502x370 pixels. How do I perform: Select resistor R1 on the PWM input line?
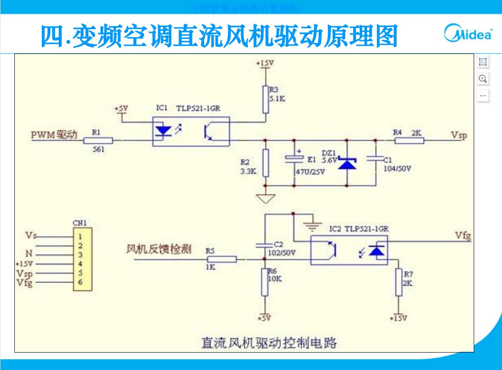click(98, 141)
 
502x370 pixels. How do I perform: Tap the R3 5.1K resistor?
click(265, 100)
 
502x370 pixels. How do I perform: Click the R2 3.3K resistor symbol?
click(265, 162)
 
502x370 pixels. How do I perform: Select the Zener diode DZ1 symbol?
click(347, 164)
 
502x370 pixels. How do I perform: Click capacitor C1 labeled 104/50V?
click(375, 159)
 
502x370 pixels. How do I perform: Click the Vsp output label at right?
click(459, 135)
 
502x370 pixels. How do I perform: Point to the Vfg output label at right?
click(463, 236)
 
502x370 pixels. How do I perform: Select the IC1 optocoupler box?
click(191, 131)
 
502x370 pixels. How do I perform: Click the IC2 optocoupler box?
click(349, 250)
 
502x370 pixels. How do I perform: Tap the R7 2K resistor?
click(398, 282)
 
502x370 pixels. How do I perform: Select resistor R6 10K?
click(265, 282)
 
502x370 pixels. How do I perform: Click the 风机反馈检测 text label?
click(158, 250)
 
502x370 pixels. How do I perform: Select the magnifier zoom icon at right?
click(482, 79)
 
